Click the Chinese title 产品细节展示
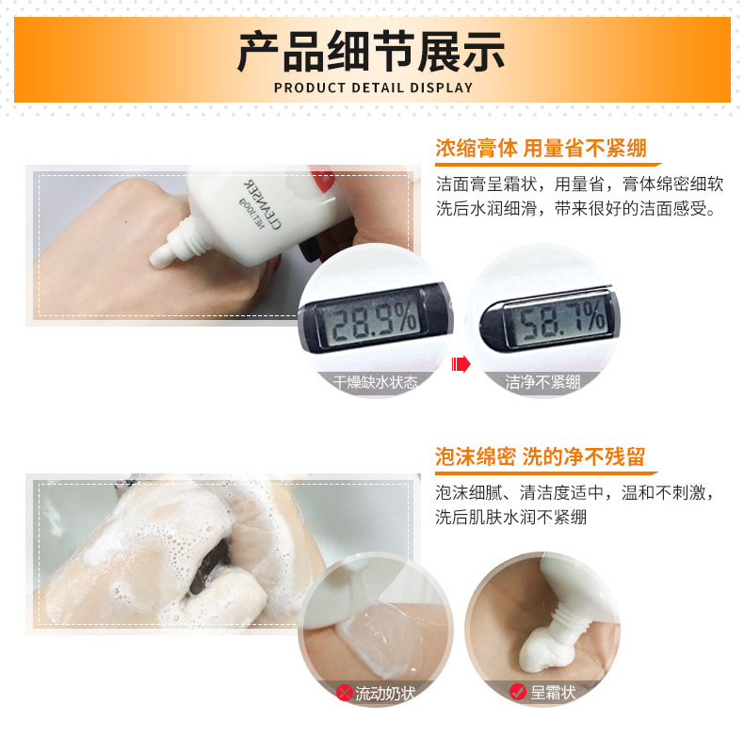[371, 51]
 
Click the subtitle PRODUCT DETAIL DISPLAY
[374, 88]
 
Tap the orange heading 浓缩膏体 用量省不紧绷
[541, 149]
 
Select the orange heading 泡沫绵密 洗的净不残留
[540, 457]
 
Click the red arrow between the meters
[461, 364]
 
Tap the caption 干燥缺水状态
[375, 382]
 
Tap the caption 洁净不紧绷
[542, 382]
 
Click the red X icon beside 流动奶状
[344, 693]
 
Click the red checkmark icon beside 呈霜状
[517, 692]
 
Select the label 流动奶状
[385, 693]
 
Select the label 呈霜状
[552, 693]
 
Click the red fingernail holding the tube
[323, 179]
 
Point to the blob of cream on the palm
[545, 648]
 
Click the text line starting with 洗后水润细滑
[575, 208]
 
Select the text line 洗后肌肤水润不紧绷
[511, 517]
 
